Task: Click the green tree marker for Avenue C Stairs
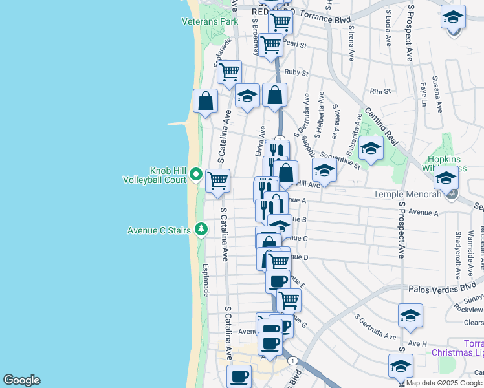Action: [201, 229]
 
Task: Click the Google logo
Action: [21, 380]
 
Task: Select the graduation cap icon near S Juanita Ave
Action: [371, 148]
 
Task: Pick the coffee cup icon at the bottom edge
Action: [239, 376]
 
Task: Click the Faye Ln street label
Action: [424, 94]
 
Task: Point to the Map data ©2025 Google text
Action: [443, 383]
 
